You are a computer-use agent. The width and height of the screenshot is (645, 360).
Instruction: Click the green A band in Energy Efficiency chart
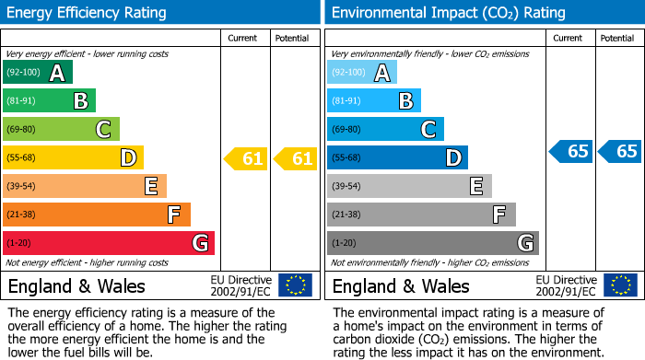(x=37, y=73)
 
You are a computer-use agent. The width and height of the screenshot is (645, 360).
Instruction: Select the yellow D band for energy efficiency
(x=72, y=158)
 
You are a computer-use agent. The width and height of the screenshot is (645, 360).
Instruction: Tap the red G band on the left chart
(x=108, y=243)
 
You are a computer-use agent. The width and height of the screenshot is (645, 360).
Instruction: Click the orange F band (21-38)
(x=96, y=215)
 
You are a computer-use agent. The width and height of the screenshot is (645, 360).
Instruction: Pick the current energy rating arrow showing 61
(x=247, y=158)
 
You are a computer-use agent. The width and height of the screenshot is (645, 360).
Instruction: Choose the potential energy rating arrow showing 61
(x=296, y=158)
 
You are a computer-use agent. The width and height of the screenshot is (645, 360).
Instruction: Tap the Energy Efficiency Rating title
(x=88, y=13)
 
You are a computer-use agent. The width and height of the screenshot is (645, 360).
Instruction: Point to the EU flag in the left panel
(x=295, y=285)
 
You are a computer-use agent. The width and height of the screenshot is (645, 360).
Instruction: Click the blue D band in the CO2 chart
(x=397, y=158)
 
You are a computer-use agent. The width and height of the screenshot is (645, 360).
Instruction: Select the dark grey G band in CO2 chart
(x=432, y=243)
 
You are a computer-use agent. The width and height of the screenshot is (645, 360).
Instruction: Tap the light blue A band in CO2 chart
(x=361, y=73)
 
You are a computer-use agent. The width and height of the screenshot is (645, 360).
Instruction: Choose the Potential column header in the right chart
(x=617, y=38)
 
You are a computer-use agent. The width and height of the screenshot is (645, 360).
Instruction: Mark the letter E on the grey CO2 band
(x=476, y=186)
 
